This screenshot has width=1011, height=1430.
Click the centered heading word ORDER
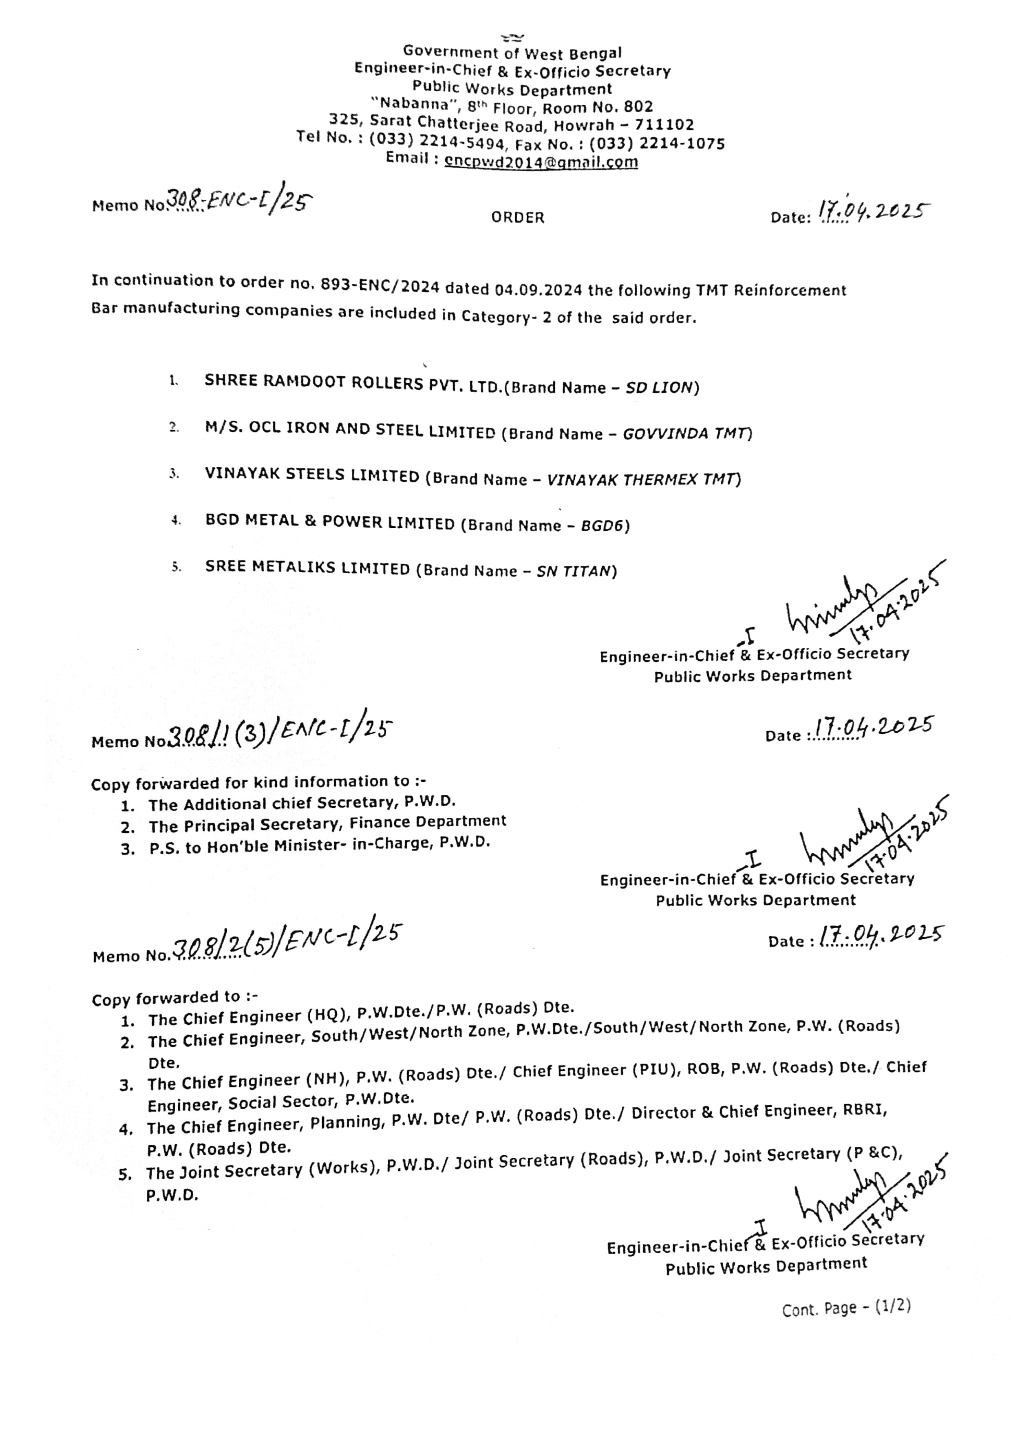click(518, 217)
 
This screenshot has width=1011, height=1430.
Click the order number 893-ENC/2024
click(380, 286)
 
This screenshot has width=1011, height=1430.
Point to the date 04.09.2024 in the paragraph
click(539, 289)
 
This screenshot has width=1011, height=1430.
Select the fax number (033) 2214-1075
click(657, 144)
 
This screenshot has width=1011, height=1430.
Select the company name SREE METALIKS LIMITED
click(307, 567)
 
